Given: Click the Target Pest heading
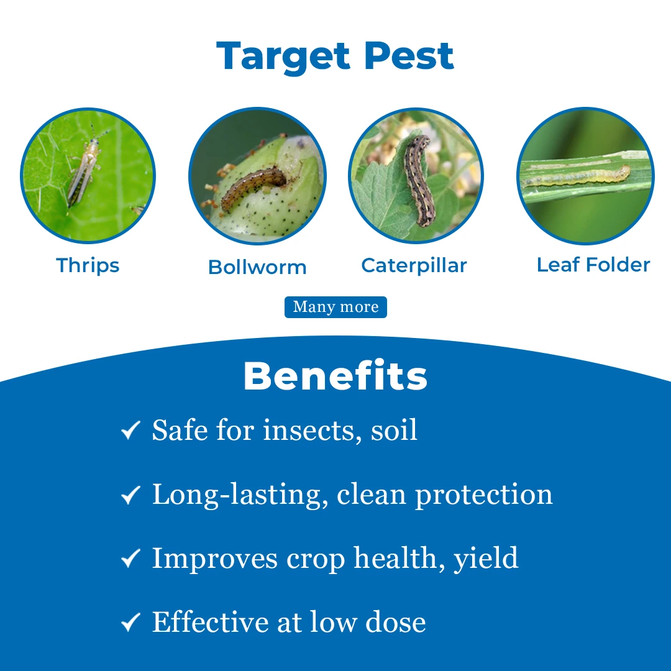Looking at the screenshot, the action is [335, 57].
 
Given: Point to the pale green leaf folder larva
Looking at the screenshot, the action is [575, 176].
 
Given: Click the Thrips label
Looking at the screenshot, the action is [88, 266].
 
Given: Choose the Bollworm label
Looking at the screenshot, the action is [257, 267].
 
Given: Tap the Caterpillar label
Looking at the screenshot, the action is [414, 266].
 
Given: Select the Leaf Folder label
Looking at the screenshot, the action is [593, 265].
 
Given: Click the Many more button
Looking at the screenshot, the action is [335, 307].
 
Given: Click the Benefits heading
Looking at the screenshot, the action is [335, 376].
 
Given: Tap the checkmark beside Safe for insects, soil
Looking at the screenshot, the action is [130, 430].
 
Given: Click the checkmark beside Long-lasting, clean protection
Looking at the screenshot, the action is [130, 495].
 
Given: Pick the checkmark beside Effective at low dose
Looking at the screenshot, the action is [130, 622].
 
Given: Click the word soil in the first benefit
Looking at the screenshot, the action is [394, 430].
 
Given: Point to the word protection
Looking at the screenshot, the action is [484, 496].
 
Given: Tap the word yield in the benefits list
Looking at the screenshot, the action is [486, 559].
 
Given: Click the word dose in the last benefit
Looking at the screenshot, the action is [395, 622].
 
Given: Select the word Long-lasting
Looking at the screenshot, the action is [240, 496].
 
